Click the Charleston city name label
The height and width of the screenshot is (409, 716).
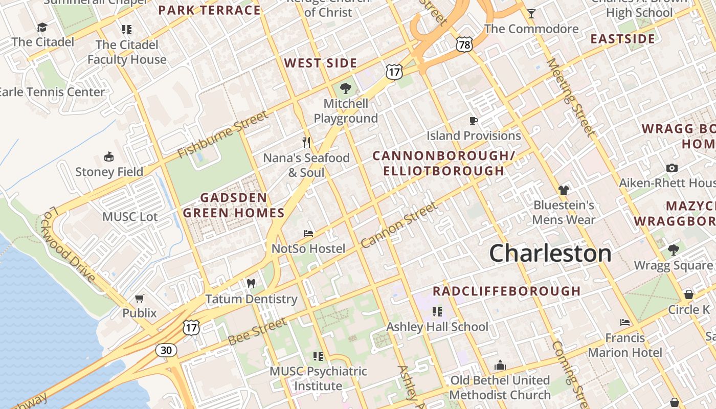[550, 254]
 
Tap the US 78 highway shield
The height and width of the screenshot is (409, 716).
[464, 45]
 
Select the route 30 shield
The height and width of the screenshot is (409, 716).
[166, 350]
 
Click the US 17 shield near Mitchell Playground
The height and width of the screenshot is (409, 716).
[394, 72]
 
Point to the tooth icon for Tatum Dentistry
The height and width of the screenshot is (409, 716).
[251, 283]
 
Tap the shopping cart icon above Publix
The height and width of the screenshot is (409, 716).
[140, 298]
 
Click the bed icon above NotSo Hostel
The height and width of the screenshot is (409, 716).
[308, 234]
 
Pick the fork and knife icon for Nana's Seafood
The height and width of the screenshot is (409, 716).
[306, 142]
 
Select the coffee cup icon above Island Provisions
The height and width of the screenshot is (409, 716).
[474, 121]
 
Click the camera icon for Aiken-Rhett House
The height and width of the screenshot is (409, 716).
[672, 168]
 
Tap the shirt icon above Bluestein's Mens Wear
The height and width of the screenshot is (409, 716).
[564, 190]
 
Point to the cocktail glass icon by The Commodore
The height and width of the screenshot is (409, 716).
[531, 14]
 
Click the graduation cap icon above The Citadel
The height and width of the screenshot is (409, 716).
[42, 28]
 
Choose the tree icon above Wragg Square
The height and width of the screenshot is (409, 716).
[673, 250]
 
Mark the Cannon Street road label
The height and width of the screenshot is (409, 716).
[399, 225]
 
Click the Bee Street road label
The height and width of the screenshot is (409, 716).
[257, 331]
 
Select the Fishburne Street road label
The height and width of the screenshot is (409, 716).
[222, 134]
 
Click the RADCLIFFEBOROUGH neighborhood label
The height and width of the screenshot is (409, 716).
[506, 291]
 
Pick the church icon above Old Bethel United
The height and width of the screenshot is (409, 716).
[500, 366]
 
